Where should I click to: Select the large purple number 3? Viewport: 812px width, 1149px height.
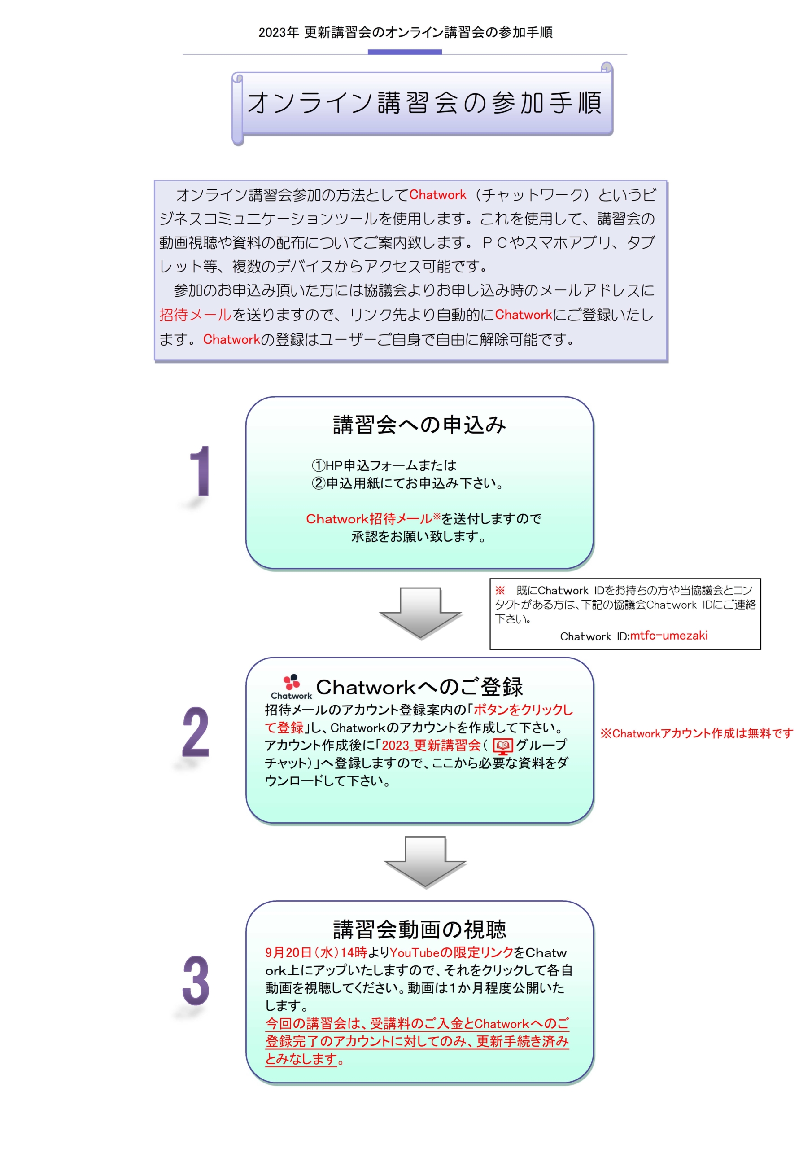[x=196, y=981]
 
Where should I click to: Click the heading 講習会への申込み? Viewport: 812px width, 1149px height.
[x=419, y=425]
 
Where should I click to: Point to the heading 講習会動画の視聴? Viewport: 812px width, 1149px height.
[x=419, y=930]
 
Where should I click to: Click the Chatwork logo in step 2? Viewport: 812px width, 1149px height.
[x=291, y=687]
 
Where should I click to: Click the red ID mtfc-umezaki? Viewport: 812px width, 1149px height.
[x=668, y=636]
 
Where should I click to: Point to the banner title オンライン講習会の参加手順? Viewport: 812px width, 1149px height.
[x=424, y=103]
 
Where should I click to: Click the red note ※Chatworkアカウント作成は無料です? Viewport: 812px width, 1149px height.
[x=696, y=733]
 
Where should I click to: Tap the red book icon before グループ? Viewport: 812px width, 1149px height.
[x=503, y=746]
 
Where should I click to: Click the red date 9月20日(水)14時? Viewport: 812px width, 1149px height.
[x=316, y=952]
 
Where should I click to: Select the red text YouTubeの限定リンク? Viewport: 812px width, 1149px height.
[x=451, y=952]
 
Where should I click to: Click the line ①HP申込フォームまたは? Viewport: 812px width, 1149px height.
[x=384, y=465]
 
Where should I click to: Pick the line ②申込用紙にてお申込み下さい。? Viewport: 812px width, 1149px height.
[x=407, y=483]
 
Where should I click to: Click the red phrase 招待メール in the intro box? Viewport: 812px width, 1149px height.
[x=196, y=315]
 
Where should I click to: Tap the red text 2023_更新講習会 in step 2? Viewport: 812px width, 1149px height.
[x=431, y=745]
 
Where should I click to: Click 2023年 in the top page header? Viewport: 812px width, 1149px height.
[x=279, y=32]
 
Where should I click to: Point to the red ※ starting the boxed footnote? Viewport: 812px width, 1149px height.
[x=500, y=591]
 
